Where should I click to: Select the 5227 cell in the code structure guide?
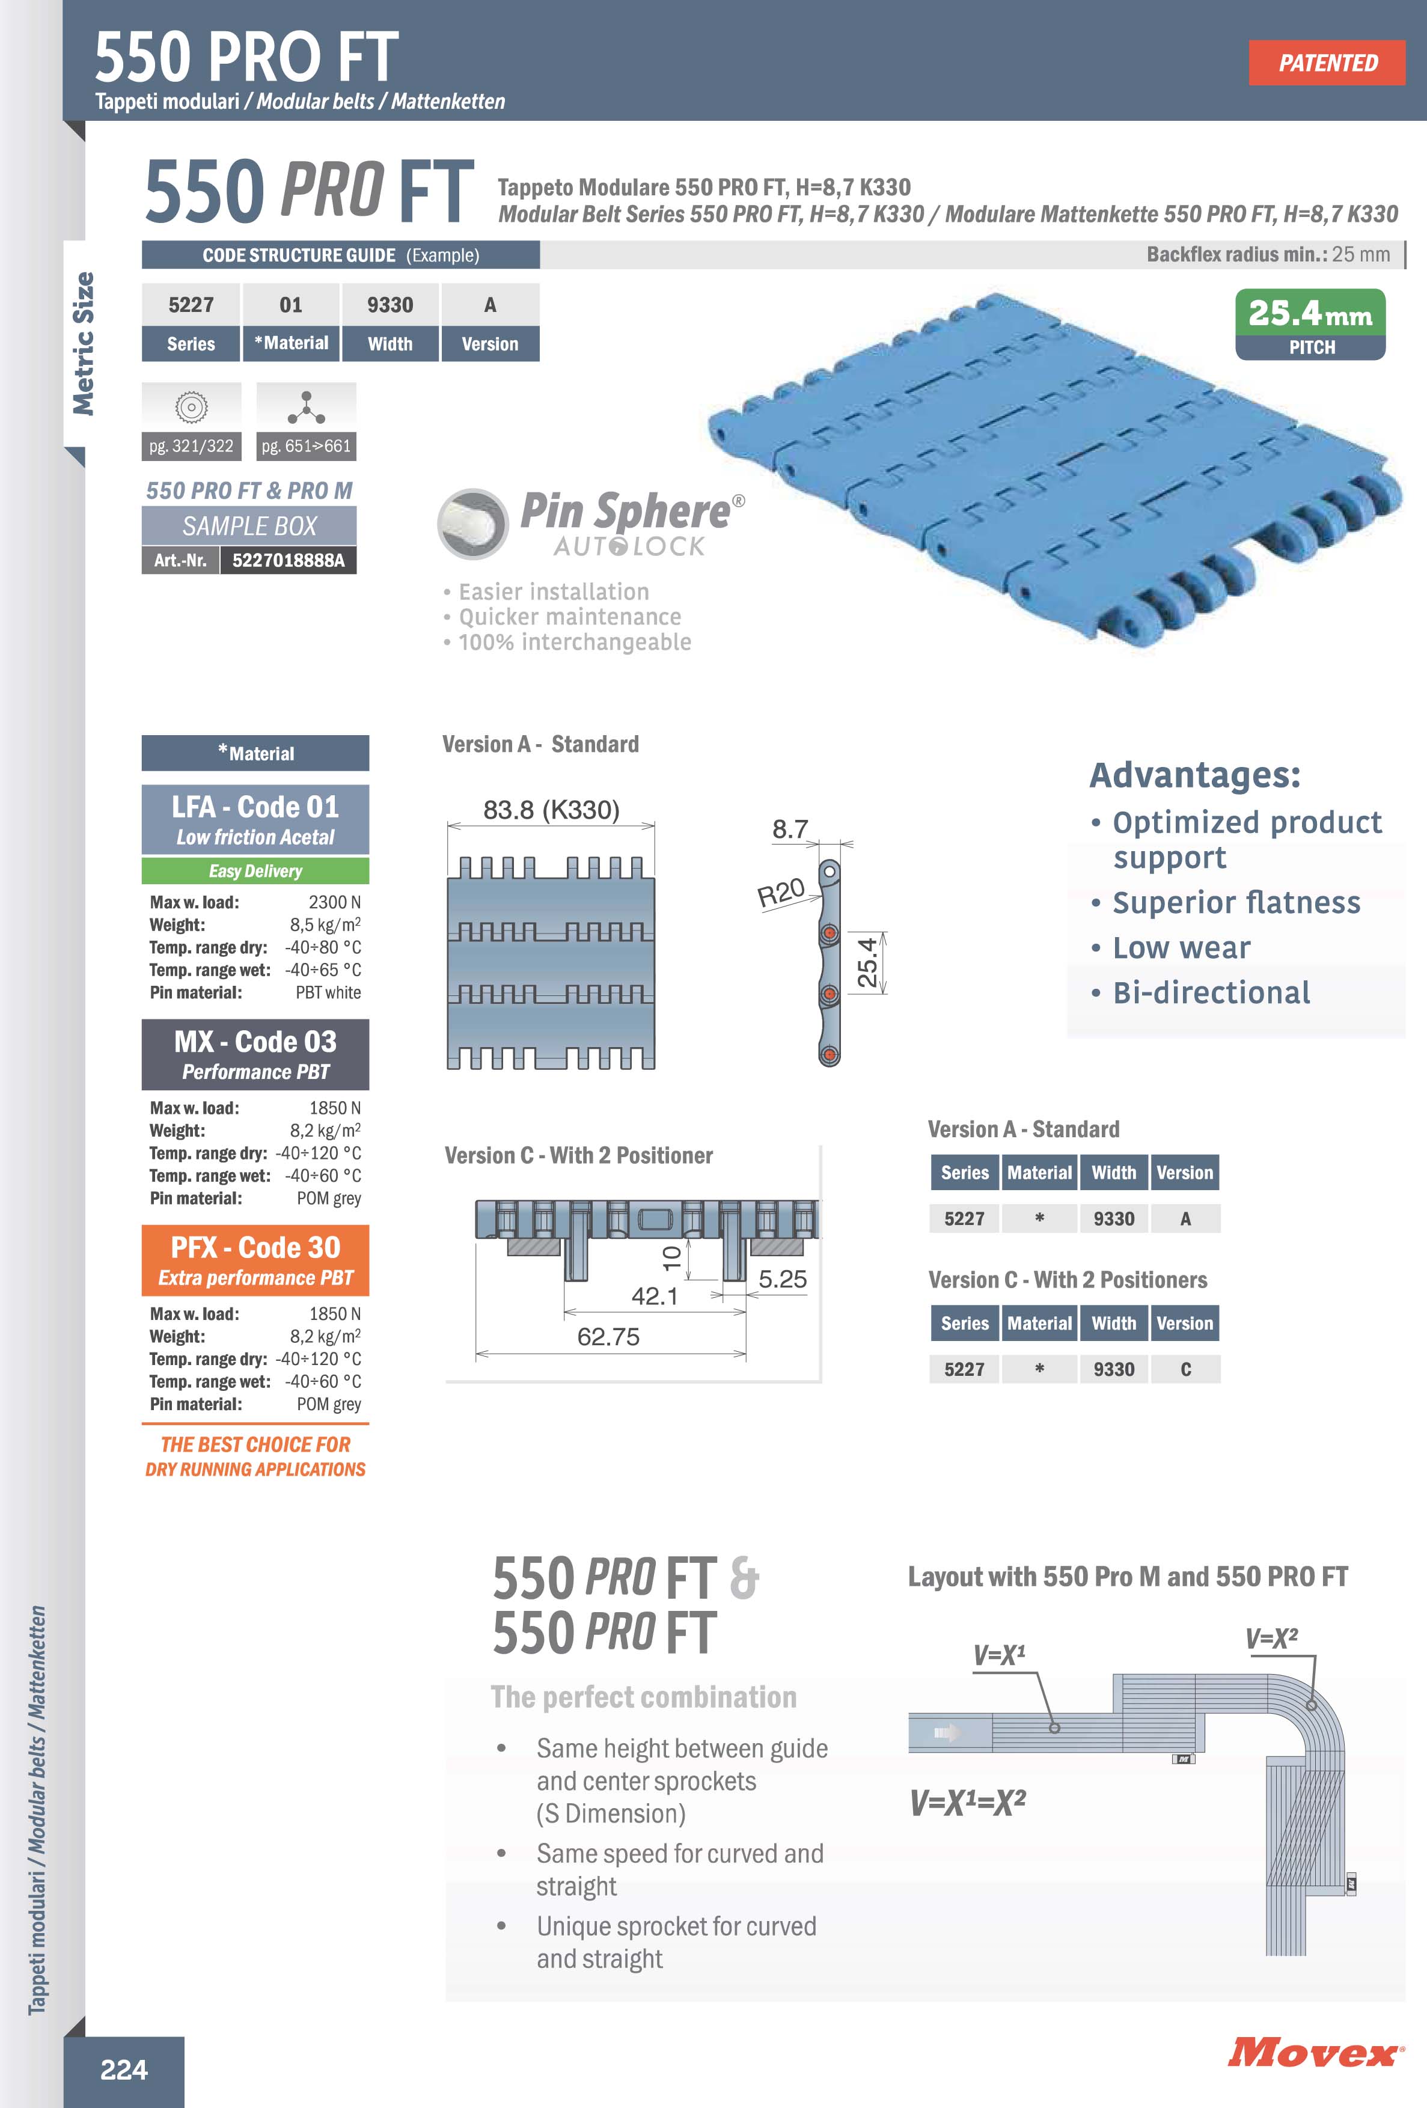(191, 305)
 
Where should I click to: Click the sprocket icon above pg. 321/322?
(191, 408)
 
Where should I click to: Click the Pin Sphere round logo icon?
(472, 524)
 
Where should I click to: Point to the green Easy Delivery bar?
(255, 871)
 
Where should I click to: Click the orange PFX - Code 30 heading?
(255, 1248)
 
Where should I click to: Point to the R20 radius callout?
(780, 893)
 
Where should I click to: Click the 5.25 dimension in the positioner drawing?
(782, 1279)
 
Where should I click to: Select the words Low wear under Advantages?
(1181, 948)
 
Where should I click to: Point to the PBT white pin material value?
(328, 992)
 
